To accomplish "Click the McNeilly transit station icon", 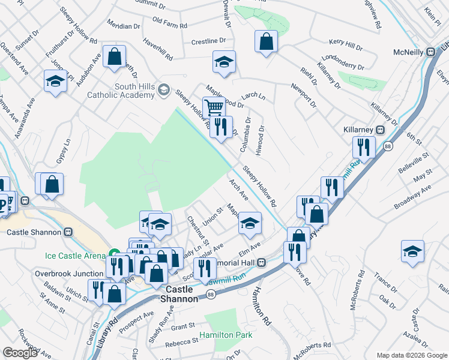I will tap(430, 52).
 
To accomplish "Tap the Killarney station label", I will tap(360, 130).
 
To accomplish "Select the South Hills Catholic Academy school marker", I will tap(164, 91).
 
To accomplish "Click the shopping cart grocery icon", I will tap(214, 108).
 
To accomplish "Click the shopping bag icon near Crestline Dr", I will tap(266, 42).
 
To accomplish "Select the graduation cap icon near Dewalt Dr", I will tap(224, 62).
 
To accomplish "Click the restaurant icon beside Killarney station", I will tap(364, 147).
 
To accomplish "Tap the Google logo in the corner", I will tap(20, 353).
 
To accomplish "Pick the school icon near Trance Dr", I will tap(412, 252).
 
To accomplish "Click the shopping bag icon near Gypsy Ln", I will tap(52, 184).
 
